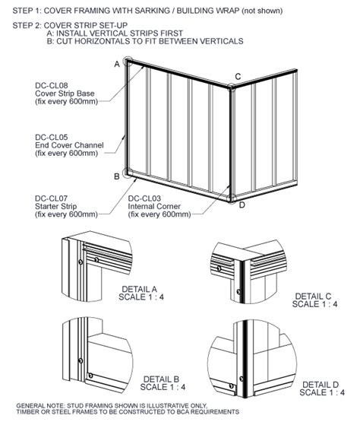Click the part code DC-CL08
[x=52, y=86]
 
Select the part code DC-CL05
[x=52, y=138]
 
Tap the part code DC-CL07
[x=51, y=198]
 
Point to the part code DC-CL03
[x=144, y=198]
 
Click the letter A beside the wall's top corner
[x=117, y=64]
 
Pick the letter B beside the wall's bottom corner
[x=117, y=176]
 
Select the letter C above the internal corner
[x=238, y=77]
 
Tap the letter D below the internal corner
[x=242, y=205]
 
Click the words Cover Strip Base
[x=65, y=94]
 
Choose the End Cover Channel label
[x=69, y=145]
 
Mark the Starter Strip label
[x=56, y=207]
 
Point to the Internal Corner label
[x=154, y=207]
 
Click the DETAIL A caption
[x=139, y=290]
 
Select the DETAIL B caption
[x=161, y=379]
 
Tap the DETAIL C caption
[x=313, y=297]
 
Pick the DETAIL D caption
[x=321, y=385]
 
